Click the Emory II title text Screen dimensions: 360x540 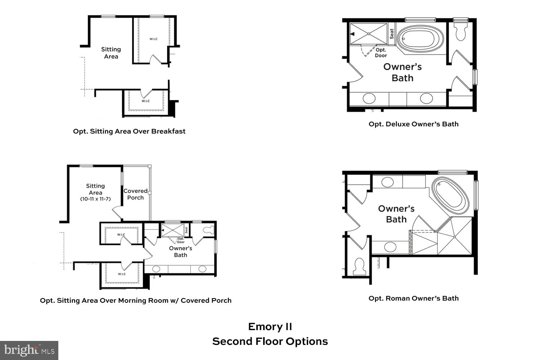[x=270, y=327]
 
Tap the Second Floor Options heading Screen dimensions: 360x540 [x=270, y=341]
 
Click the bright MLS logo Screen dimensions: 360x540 [x=29, y=350]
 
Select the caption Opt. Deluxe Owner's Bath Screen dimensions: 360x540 [x=413, y=124]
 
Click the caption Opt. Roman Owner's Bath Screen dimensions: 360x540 [x=413, y=298]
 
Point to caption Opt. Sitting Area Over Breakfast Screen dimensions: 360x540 [x=129, y=131]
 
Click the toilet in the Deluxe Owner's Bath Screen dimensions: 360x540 [x=461, y=32]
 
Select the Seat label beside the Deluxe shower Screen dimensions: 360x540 [x=392, y=34]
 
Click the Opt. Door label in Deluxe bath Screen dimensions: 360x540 [x=381, y=53]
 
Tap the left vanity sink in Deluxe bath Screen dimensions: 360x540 [x=369, y=98]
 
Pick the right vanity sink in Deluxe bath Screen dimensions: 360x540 [x=427, y=98]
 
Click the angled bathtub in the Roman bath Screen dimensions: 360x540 [x=450, y=195]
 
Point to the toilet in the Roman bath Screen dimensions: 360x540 [x=359, y=266]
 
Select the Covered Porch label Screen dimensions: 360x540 [x=135, y=194]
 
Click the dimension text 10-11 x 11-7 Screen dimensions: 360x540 [x=95, y=199]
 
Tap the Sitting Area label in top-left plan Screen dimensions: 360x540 [x=111, y=53]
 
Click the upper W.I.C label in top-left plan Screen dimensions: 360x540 [x=153, y=39]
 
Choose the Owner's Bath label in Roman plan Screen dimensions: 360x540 [x=396, y=214]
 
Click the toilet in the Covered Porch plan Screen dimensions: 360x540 [x=208, y=230]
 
